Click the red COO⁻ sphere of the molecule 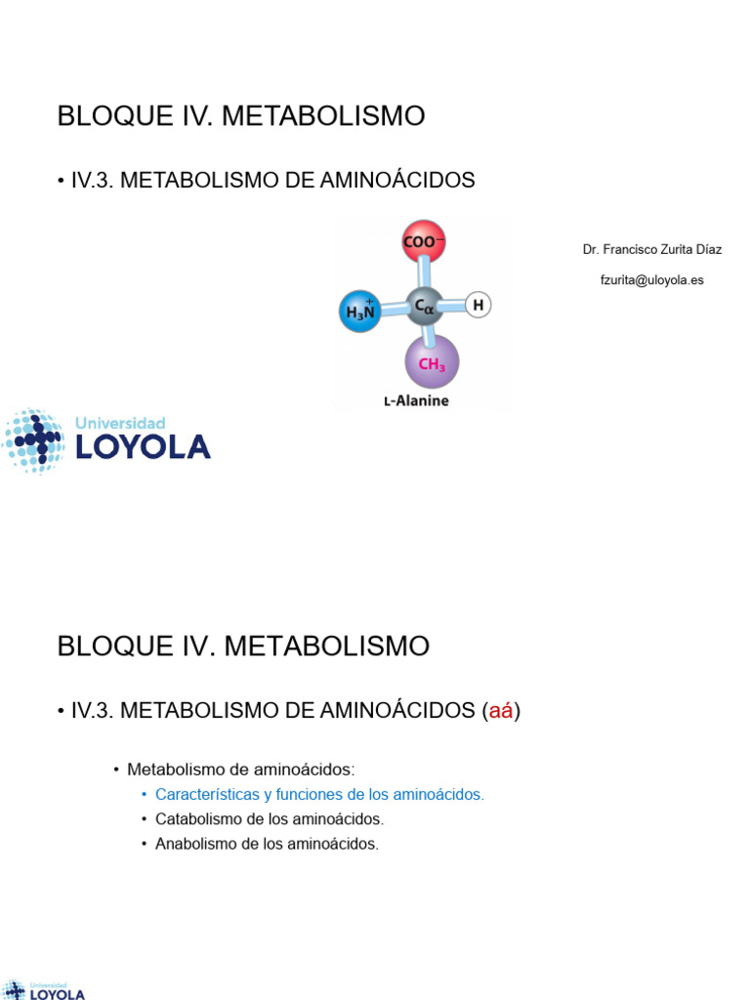point(423,242)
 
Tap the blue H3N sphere point(358,312)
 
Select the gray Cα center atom point(424,306)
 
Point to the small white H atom point(478,306)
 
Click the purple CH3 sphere point(432,363)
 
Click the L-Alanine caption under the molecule point(416,400)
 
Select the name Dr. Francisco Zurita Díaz point(652,249)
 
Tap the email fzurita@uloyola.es point(652,279)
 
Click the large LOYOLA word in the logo point(143,447)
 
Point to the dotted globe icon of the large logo point(34,441)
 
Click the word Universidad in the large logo point(120,423)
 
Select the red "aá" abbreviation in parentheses point(501,711)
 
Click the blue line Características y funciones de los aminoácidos point(319,795)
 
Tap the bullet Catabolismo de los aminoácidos point(270,819)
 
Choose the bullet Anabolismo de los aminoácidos point(267,844)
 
